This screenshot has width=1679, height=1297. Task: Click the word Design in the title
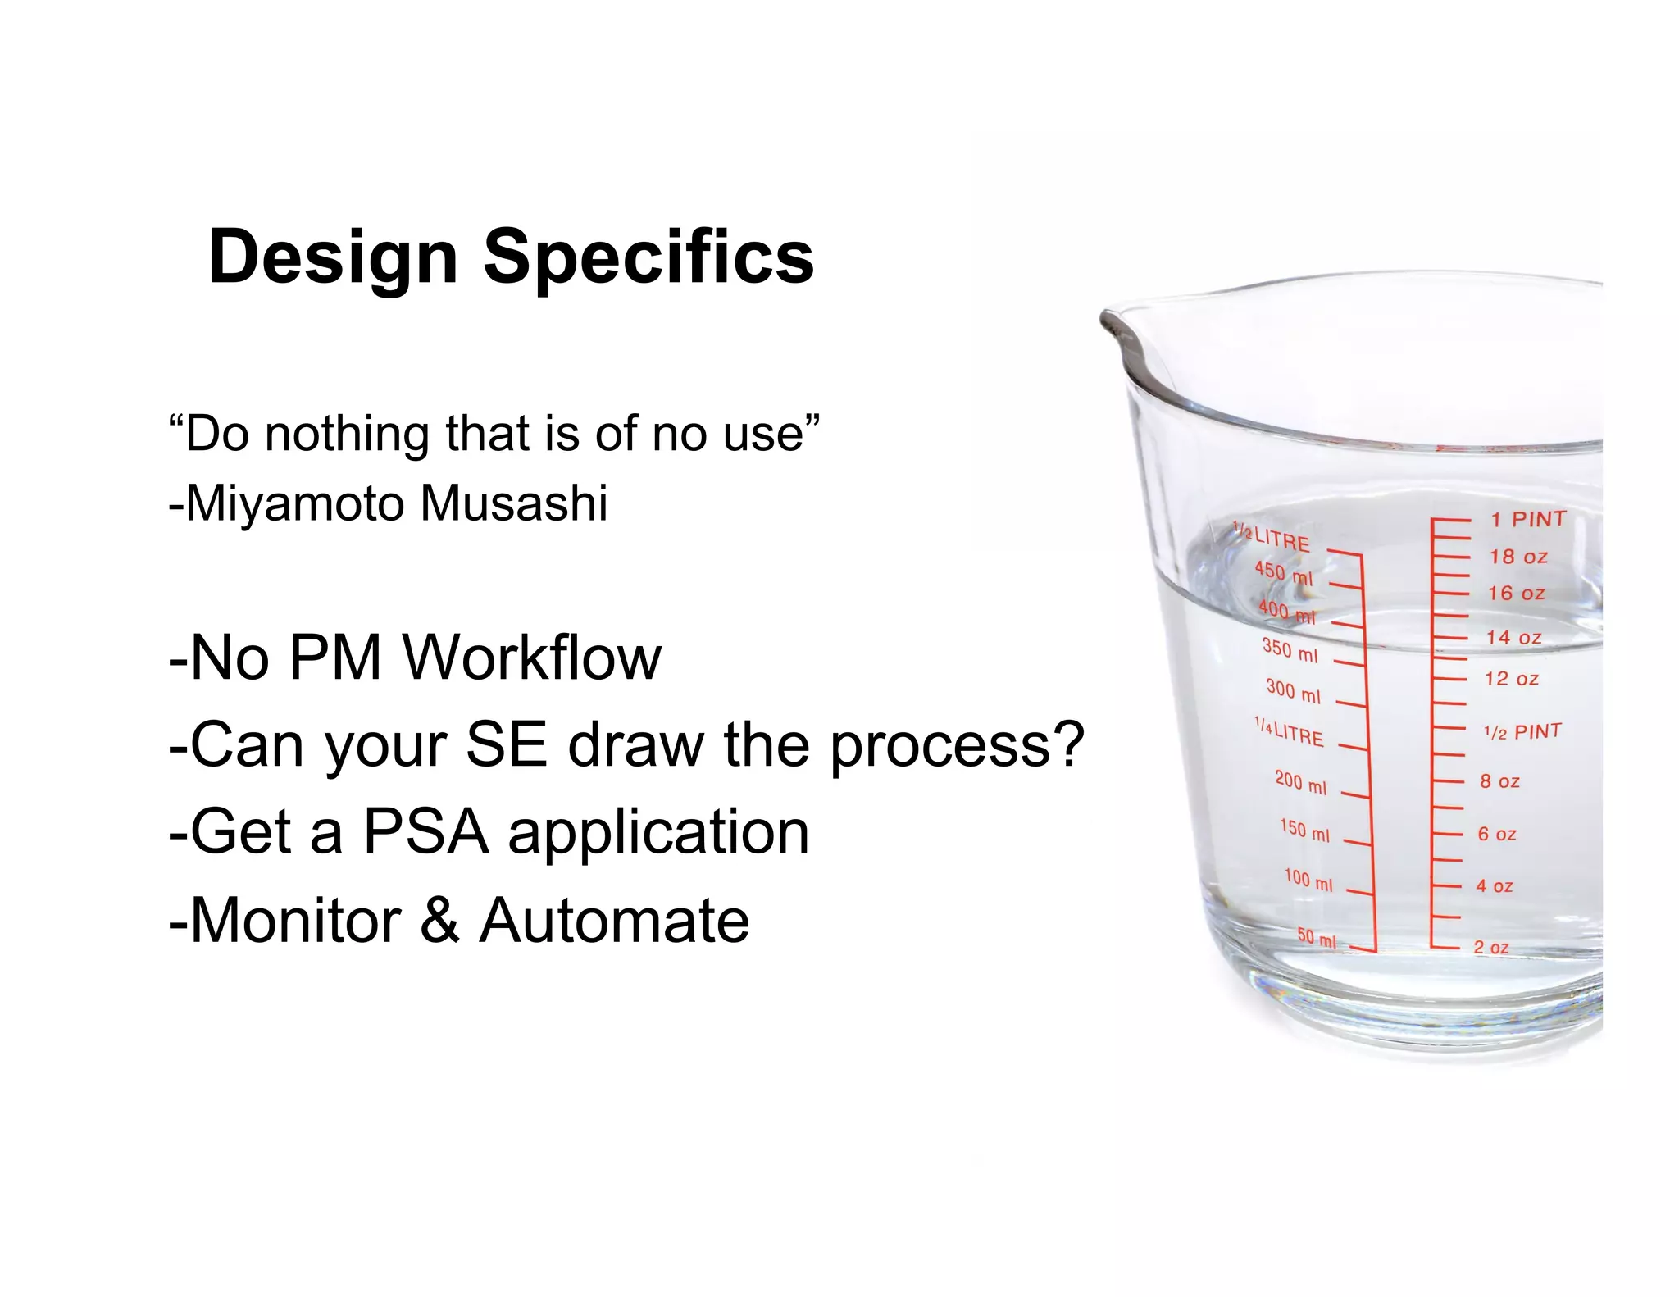coord(332,257)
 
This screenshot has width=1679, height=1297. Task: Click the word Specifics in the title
coord(648,257)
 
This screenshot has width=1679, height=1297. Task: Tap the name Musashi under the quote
coord(514,503)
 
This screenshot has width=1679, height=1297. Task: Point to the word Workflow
coord(533,658)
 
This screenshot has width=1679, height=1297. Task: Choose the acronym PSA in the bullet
coord(426,832)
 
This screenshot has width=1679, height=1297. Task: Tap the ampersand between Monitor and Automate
coord(440,920)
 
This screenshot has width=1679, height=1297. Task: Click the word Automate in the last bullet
coord(614,920)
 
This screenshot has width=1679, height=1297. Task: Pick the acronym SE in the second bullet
coord(506,744)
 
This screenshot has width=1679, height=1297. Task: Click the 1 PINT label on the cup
coord(1528,519)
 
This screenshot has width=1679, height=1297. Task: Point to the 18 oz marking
coord(1518,557)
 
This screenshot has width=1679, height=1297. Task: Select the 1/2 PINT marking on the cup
coord(1522,731)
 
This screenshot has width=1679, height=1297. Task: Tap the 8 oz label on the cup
coord(1499,781)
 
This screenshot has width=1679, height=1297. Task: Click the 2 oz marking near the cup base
coord(1490,947)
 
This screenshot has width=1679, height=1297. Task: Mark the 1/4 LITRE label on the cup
coord(1289,732)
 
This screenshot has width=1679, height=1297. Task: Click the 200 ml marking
coord(1300,782)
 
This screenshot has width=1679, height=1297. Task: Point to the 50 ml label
coord(1317,938)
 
